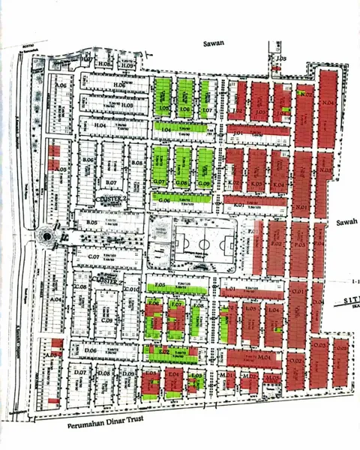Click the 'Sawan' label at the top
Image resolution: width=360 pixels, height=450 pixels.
[214, 44]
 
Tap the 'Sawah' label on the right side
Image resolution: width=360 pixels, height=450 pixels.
[346, 222]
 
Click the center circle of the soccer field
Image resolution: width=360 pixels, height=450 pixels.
[202, 244]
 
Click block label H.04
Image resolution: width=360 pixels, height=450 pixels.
[100, 125]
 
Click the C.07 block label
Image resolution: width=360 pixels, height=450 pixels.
[94, 257]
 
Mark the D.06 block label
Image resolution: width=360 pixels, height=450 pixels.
[91, 350]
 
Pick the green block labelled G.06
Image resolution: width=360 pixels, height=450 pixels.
[163, 199]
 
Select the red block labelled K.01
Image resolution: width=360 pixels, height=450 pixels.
[238, 205]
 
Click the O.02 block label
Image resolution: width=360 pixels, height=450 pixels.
[297, 361]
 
